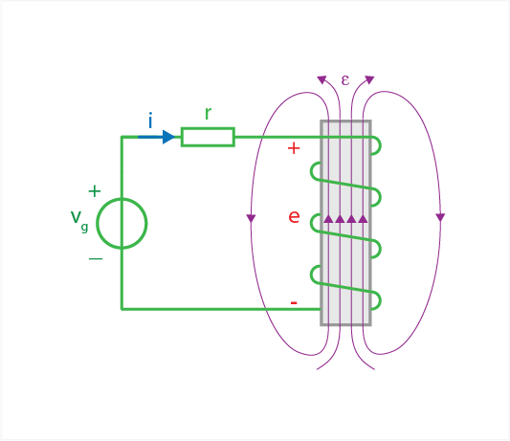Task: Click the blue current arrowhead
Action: (x=168, y=137)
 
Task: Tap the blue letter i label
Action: (x=150, y=121)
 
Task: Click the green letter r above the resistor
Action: (x=209, y=114)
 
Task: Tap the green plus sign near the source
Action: (x=95, y=191)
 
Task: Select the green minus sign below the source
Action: (x=96, y=259)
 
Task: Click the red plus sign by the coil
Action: (x=294, y=148)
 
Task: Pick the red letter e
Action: (x=294, y=216)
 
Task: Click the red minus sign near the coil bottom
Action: (x=294, y=303)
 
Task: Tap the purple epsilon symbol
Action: (x=345, y=79)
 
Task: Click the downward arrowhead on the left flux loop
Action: (x=251, y=218)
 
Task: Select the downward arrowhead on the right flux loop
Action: (x=440, y=217)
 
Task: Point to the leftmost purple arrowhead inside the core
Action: (x=328, y=218)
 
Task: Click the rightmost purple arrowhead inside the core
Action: (x=363, y=218)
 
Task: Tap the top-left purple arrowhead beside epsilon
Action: (x=322, y=79)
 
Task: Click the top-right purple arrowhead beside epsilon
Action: (x=369, y=79)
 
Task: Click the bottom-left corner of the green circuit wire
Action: (x=122, y=309)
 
